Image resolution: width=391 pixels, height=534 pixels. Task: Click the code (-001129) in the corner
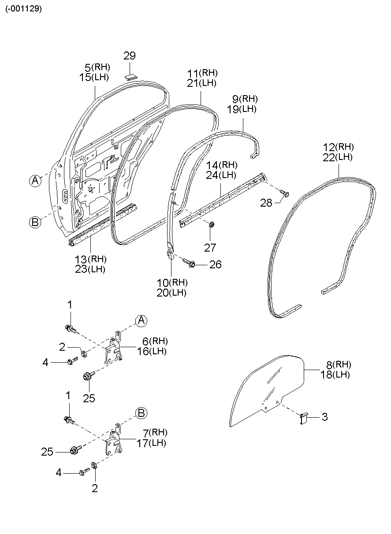pos(24,9)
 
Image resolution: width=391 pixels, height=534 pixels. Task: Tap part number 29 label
pos(130,56)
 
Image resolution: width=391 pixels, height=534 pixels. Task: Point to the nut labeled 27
pos(211,226)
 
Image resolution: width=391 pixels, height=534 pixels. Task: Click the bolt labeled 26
pos(191,264)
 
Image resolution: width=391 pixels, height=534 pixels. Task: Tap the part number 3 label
pos(324,417)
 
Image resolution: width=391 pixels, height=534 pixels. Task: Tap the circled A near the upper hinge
pos(141,321)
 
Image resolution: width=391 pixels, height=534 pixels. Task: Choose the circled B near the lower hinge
pos(141,413)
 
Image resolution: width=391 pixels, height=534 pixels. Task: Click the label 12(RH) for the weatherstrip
pos(338,147)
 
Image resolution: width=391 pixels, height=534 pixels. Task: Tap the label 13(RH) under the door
pos(90,260)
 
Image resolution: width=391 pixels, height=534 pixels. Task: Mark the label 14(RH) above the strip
pos(222,165)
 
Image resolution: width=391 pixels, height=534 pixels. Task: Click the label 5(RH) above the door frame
pos(97,67)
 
